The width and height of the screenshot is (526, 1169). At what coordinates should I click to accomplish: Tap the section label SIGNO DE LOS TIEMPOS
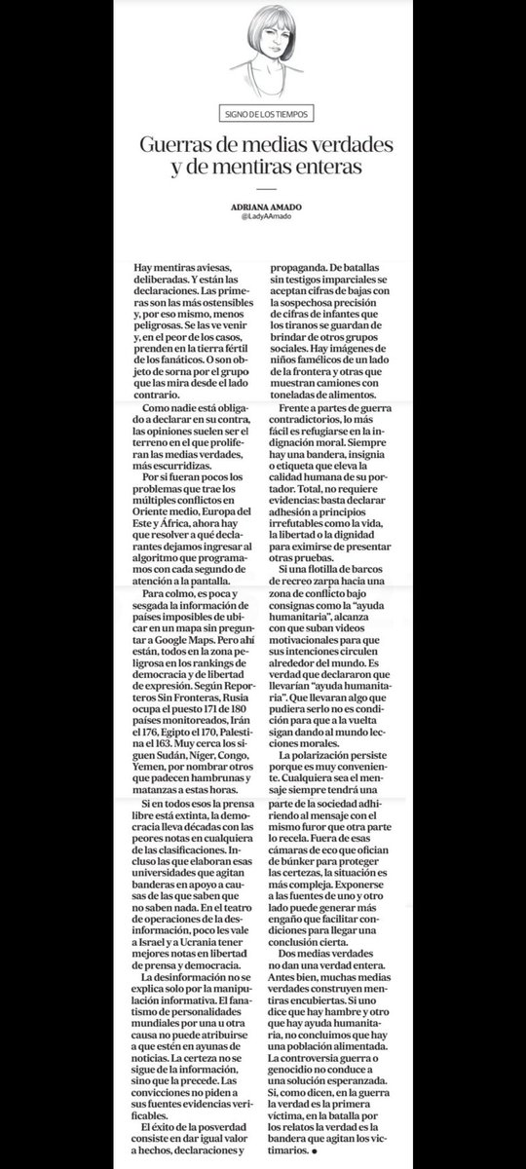pos(264,112)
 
